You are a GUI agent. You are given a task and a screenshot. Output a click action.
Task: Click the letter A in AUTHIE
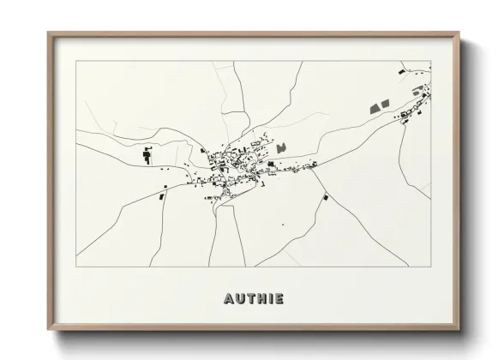(x=229, y=299)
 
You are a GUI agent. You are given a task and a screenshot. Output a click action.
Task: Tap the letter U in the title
(x=240, y=299)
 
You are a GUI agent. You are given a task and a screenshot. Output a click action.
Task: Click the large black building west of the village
(x=146, y=155)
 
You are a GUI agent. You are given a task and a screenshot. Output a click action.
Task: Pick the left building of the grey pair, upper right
(x=375, y=107)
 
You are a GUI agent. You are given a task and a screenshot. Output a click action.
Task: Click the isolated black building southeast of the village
(x=325, y=198)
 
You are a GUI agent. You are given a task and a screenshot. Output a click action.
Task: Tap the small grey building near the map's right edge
(x=417, y=91)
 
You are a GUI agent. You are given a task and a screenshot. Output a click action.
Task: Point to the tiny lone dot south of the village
(x=283, y=225)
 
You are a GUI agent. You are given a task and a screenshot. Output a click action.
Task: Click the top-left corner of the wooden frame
(x=48, y=33)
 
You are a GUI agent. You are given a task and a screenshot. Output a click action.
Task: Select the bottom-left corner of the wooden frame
(x=48, y=331)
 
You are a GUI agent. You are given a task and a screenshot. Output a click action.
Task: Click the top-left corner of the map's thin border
(x=75, y=61)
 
